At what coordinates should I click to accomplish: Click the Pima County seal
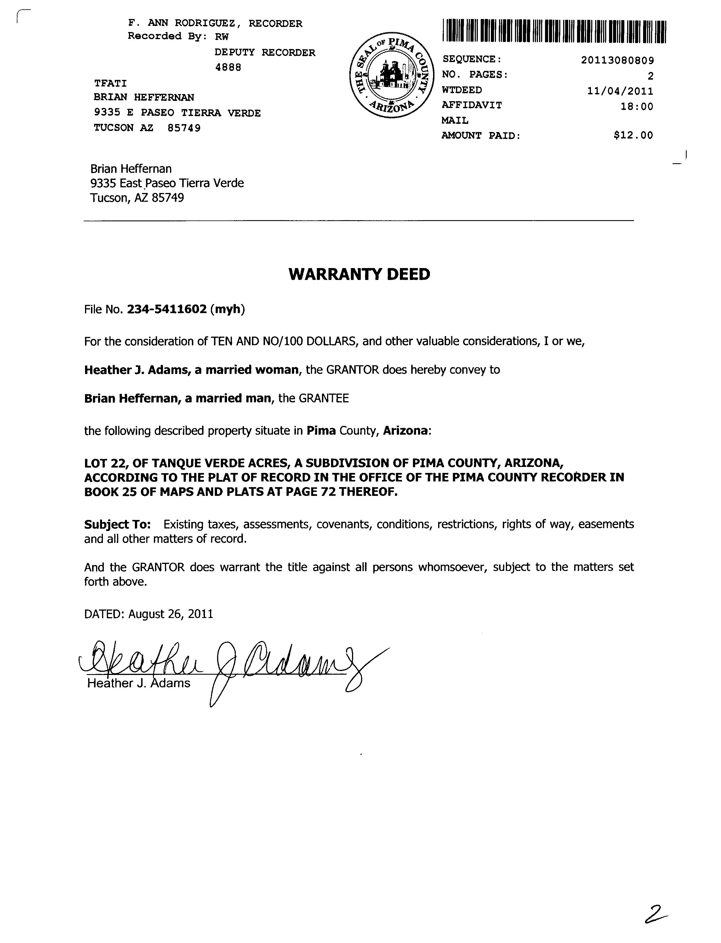click(x=390, y=75)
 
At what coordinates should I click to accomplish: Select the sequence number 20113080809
click(x=617, y=60)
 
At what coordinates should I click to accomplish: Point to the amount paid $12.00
click(x=633, y=135)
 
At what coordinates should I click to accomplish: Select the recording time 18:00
click(x=637, y=106)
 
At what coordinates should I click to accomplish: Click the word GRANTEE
click(x=324, y=399)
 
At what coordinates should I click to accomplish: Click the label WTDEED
click(x=462, y=90)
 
